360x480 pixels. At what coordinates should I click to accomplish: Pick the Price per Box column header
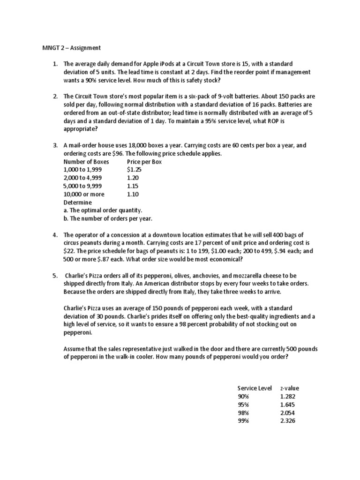[x=144, y=162]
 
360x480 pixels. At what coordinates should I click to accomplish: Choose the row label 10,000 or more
[x=84, y=194]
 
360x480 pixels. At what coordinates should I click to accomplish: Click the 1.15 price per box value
[x=133, y=186]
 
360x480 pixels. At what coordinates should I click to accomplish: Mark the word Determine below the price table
[x=77, y=202]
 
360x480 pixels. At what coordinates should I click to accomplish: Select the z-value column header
[x=289, y=388]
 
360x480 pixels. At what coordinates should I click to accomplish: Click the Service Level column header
[x=255, y=388]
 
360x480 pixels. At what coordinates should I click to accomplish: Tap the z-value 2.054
[x=288, y=412]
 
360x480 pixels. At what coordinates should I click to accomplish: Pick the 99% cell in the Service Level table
[x=243, y=420]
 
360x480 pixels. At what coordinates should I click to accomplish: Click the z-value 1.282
[x=288, y=397]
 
